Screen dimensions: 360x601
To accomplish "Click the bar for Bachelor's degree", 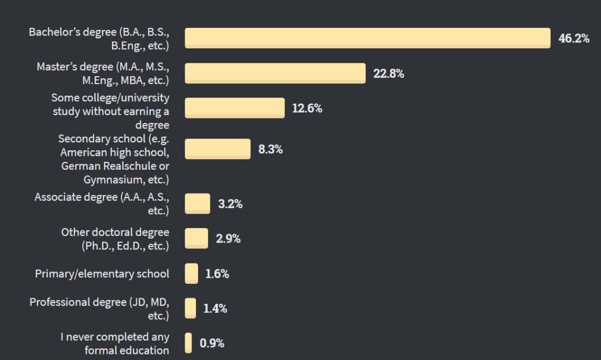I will [367, 38].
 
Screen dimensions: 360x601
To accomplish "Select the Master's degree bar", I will [275, 73].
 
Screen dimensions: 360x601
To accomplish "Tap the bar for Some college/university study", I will [234, 108].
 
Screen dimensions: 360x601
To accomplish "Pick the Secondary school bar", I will [218, 149].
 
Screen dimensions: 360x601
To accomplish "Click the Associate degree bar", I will [198, 204].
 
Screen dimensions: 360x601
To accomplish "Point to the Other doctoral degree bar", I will [196, 239].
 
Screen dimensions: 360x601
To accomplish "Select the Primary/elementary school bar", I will [191, 274].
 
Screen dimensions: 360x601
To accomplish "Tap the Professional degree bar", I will [190, 308].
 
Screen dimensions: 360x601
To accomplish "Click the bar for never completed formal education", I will [189, 343].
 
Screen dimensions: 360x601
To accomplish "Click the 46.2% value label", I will [574, 38].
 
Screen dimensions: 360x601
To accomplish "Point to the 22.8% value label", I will [388, 74].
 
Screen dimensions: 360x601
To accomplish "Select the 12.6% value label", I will [307, 109].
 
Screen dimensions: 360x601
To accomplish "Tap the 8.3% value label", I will [270, 150].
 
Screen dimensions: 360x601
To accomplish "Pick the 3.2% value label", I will [230, 204].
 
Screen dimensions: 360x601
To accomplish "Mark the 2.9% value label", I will [228, 239].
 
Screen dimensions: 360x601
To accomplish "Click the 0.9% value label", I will [212, 344].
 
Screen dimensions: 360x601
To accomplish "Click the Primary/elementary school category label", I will [102, 274].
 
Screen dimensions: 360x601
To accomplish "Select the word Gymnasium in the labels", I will [113, 180].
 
